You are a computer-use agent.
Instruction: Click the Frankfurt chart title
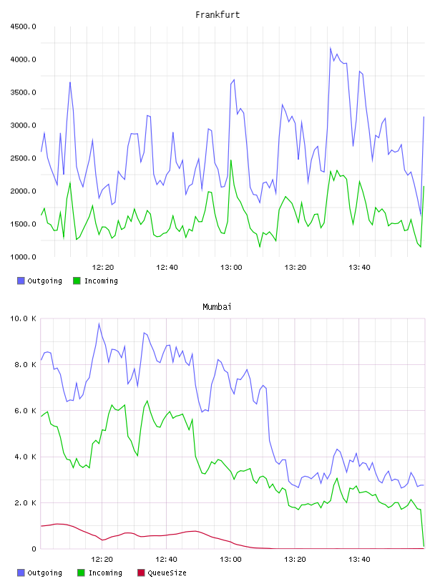click(x=217, y=15)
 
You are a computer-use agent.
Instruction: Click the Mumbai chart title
click(x=217, y=307)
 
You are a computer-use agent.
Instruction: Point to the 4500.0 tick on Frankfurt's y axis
click(x=23, y=26)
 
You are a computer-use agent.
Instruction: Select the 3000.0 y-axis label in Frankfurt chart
click(x=23, y=125)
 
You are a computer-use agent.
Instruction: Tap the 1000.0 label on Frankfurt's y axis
click(x=23, y=257)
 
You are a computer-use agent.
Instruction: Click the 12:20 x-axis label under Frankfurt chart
click(x=103, y=267)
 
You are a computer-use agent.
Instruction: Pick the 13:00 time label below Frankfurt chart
click(x=231, y=267)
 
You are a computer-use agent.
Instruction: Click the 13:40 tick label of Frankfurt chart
click(x=359, y=267)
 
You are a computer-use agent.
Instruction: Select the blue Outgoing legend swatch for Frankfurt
click(x=21, y=281)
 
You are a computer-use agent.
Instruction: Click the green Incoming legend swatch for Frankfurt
click(x=77, y=281)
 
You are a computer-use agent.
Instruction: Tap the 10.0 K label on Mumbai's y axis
click(x=23, y=318)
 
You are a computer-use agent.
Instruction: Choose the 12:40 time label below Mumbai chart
click(x=166, y=559)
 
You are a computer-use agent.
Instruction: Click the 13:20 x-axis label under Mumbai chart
click(x=295, y=559)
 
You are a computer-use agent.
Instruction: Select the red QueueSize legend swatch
click(x=141, y=573)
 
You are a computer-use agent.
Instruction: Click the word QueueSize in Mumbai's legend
click(x=167, y=573)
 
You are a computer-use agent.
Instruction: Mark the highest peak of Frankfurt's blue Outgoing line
click(x=331, y=48)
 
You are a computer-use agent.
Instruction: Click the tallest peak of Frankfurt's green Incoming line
click(x=231, y=160)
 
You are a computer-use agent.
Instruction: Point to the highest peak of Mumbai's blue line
click(x=99, y=323)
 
